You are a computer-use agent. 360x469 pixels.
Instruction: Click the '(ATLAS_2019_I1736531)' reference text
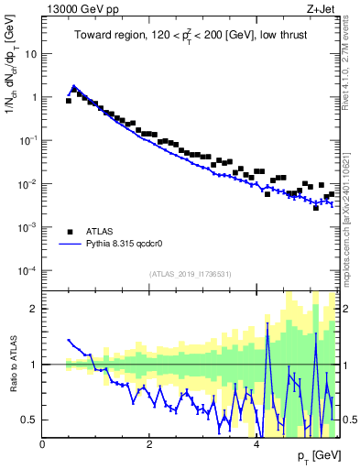pyautogui.click(x=191, y=274)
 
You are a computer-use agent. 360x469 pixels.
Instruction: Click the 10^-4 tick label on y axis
pyautogui.click(x=29, y=270)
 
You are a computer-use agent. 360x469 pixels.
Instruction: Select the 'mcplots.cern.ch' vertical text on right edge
pyautogui.click(x=349, y=247)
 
